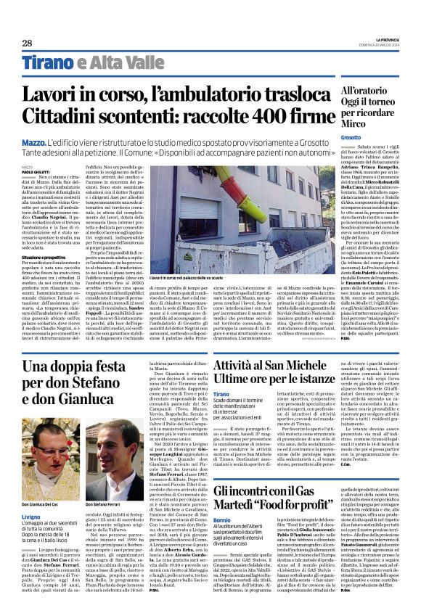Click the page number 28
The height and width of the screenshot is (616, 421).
tap(27, 43)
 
